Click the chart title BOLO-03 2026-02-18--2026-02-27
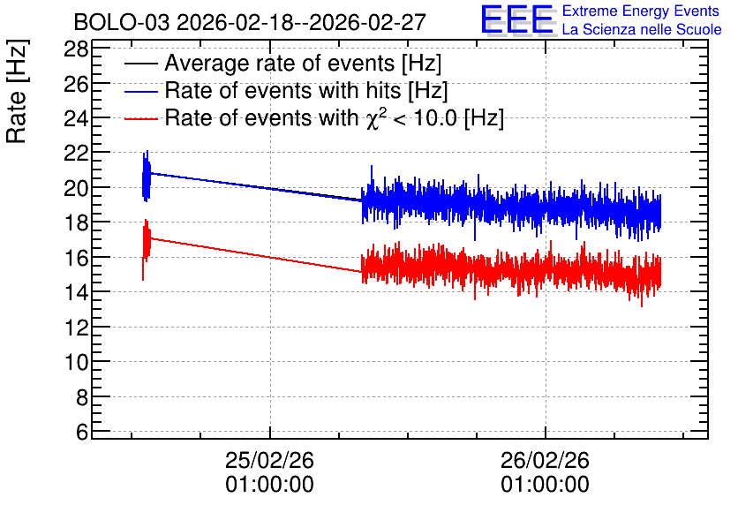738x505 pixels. tap(250, 23)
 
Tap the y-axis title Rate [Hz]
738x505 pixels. tap(17, 91)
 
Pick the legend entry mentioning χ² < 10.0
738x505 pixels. tap(335, 117)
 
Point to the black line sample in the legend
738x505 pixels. tap(140, 64)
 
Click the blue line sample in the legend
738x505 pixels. tap(140, 91)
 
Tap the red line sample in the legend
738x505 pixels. tap(140, 118)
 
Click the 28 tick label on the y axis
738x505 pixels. tap(76, 49)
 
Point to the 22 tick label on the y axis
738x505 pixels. tap(76, 154)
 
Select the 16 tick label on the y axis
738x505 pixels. tap(76, 258)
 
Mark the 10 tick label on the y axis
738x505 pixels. tap(76, 362)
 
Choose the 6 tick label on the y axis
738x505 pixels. tap(82, 432)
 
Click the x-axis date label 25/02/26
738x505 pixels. tap(270, 460)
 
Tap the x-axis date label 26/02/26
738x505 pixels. tap(545, 460)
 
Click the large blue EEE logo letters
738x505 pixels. tap(517, 20)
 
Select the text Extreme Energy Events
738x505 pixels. tap(641, 11)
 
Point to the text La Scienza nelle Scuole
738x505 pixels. tap(642, 30)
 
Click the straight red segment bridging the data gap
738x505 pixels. tap(256, 255)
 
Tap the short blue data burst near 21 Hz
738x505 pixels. tap(147, 177)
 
